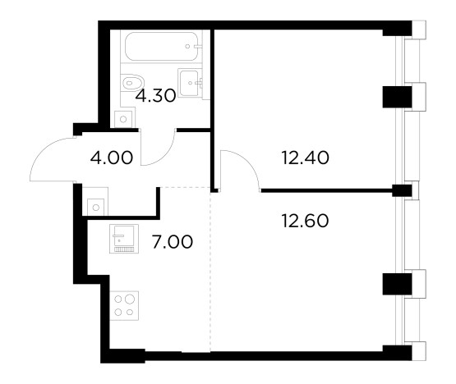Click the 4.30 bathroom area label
pyautogui.click(x=155, y=96)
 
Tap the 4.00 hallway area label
pyautogui.click(x=112, y=158)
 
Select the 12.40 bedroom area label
pyautogui.click(x=306, y=158)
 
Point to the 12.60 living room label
pyautogui.click(x=306, y=221)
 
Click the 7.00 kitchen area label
pyautogui.click(x=173, y=242)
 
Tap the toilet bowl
pyautogui.click(x=132, y=83)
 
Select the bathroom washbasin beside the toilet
pyautogui.click(x=191, y=83)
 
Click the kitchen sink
pyautogui.click(x=124, y=239)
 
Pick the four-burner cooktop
pyautogui.click(x=124, y=305)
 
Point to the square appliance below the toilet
pyautogui.click(x=123, y=119)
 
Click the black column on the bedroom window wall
pyautogui.click(x=397, y=97)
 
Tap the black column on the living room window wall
pyautogui.click(x=397, y=284)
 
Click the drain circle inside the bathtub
pyautogui.click(x=188, y=47)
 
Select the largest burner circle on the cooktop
pyautogui.click(x=130, y=299)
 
